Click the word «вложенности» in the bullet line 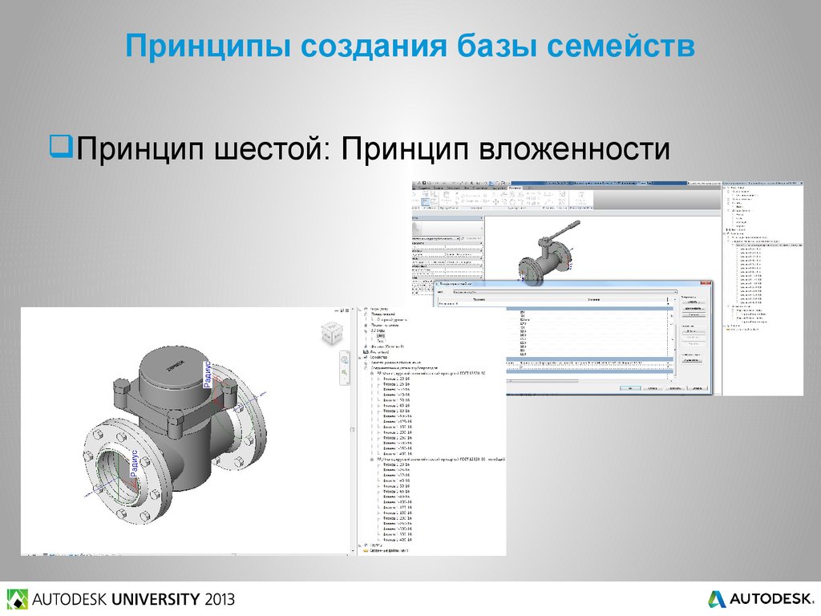(x=574, y=149)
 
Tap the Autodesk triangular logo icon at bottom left (x=16, y=599)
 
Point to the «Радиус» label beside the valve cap (x=208, y=374)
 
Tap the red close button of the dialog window (x=705, y=284)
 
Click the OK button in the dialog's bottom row (x=631, y=388)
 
